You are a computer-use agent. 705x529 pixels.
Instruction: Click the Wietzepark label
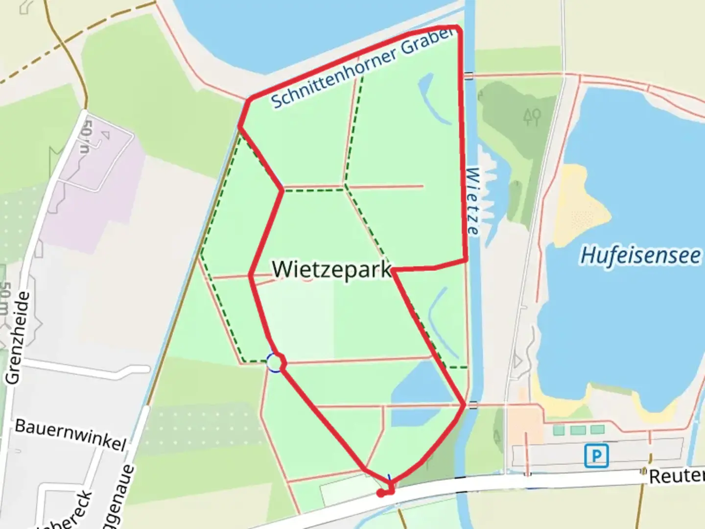pyautogui.click(x=332, y=269)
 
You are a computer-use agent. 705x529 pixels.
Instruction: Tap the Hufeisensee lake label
pyautogui.click(x=640, y=255)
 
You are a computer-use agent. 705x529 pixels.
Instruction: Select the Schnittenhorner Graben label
pyautogui.click(x=361, y=69)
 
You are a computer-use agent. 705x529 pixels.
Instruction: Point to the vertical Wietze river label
pyautogui.click(x=473, y=201)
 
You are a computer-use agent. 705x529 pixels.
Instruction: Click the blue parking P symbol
pyautogui.click(x=596, y=456)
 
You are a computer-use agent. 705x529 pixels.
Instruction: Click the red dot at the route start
pyautogui.click(x=380, y=493)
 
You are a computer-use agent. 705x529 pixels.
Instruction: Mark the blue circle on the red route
pyautogui.click(x=275, y=363)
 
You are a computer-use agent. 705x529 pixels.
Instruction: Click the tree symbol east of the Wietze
pyautogui.click(x=532, y=117)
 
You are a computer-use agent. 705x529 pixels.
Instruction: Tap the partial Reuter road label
pyautogui.click(x=676, y=476)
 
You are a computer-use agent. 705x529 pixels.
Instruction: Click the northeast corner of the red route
pyautogui.click(x=458, y=29)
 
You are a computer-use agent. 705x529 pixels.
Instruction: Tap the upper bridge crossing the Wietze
pyautogui.click(x=469, y=75)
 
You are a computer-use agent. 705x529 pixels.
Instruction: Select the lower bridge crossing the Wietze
pyautogui.click(x=472, y=405)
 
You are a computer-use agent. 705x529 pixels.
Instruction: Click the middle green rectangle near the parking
pyautogui.click(x=578, y=430)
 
